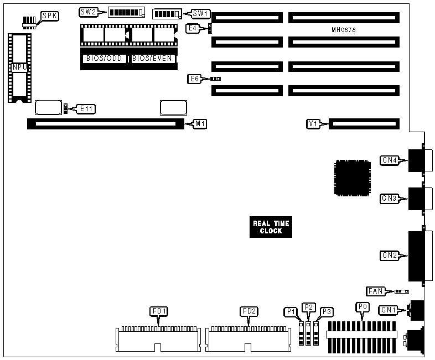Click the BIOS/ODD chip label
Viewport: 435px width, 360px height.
pyautogui.click(x=105, y=58)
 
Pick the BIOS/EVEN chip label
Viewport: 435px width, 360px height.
pyautogui.click(x=152, y=58)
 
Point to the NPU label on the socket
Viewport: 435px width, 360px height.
pyautogui.click(x=18, y=67)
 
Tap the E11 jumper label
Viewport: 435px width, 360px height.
pyautogui.click(x=87, y=108)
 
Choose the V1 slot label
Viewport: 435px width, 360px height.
pyautogui.click(x=313, y=124)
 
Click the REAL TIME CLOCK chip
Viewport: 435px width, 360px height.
pyautogui.click(x=271, y=227)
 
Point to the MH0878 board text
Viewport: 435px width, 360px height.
pyautogui.click(x=344, y=29)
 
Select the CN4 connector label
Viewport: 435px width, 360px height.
pyautogui.click(x=389, y=160)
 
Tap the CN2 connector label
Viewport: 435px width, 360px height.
pyautogui.click(x=389, y=255)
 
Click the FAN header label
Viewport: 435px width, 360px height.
pyautogui.click(x=375, y=291)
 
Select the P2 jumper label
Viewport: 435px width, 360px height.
pyautogui.click(x=309, y=307)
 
